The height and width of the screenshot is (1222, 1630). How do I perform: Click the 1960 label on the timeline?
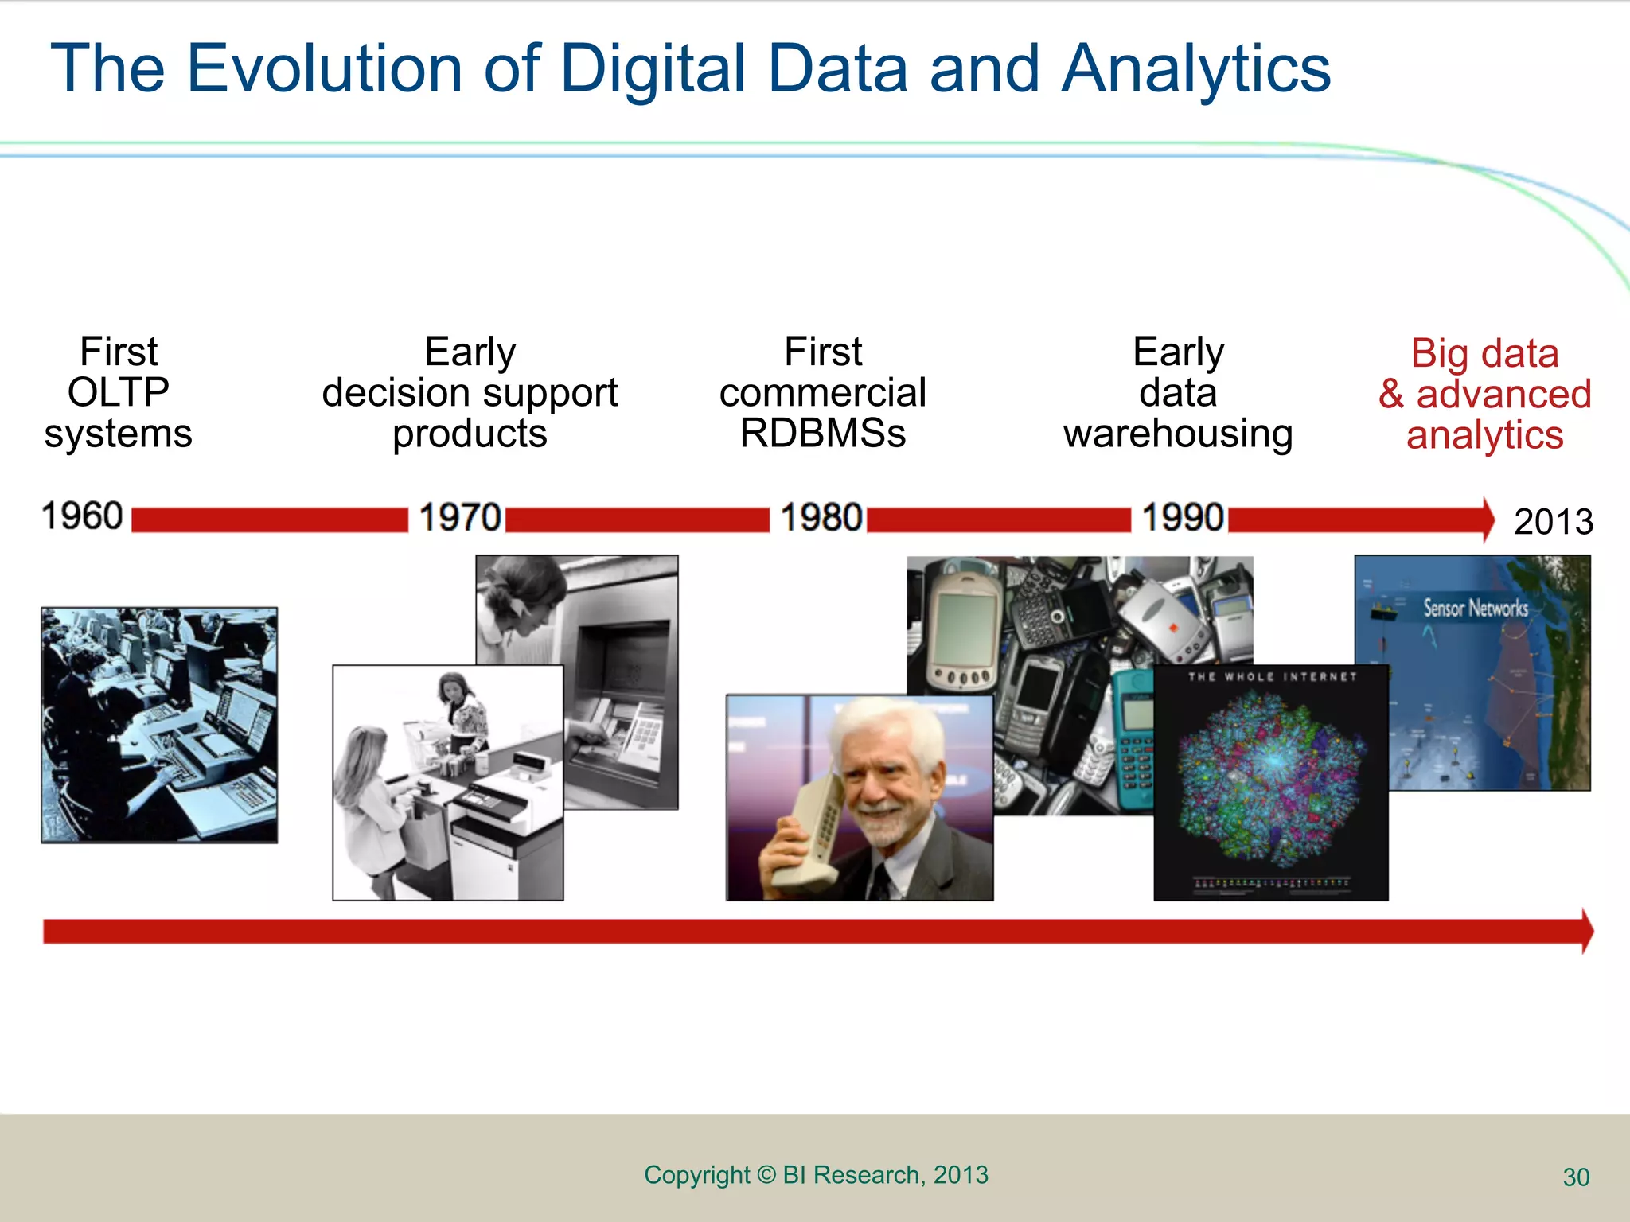click(82, 516)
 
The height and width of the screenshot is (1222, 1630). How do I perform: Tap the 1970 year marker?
click(460, 517)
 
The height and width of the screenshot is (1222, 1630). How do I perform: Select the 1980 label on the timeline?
click(821, 517)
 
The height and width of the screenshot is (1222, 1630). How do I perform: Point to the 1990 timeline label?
click(1183, 517)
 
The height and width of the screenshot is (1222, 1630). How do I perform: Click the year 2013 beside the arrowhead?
click(1553, 522)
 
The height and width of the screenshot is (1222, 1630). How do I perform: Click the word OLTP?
click(118, 392)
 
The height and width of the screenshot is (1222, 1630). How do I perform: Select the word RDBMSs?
click(822, 434)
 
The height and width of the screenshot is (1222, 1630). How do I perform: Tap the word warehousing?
click(1178, 434)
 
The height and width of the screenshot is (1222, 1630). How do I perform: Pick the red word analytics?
click(1484, 435)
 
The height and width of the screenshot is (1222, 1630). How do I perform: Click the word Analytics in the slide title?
click(1195, 68)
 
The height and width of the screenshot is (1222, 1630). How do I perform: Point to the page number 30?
click(1576, 1177)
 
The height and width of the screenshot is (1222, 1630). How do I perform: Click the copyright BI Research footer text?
click(816, 1174)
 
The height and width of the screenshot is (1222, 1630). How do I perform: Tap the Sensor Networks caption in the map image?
click(1475, 609)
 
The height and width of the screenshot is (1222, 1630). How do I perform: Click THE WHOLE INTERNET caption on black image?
click(1271, 677)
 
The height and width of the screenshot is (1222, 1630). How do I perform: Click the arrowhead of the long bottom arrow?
click(1586, 931)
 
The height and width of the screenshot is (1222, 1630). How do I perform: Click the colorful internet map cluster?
click(1271, 776)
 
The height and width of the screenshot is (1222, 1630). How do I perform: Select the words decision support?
click(470, 392)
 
